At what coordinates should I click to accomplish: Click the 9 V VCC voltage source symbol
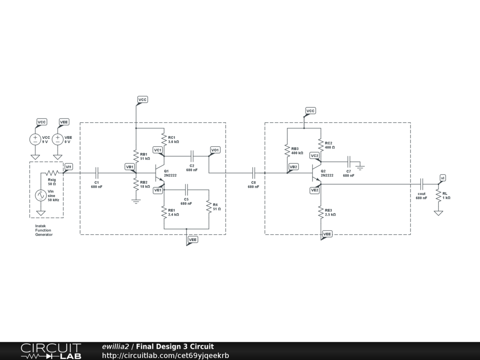[x=35, y=139]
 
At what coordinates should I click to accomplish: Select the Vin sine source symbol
[x=41, y=195]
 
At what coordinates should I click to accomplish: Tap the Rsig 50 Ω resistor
[x=52, y=173]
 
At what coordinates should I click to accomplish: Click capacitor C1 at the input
[x=97, y=173]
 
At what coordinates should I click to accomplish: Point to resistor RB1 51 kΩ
[x=135, y=156]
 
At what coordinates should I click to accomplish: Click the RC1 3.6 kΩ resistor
[x=164, y=139]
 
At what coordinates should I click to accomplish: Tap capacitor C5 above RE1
[x=187, y=190]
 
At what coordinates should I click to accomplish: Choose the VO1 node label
[x=215, y=150]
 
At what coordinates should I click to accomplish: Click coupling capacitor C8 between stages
[x=254, y=173]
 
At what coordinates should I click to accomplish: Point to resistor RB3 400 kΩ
[x=287, y=150]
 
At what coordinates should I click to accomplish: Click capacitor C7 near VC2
[x=349, y=162]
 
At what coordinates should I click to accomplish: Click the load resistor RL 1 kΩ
[x=438, y=195]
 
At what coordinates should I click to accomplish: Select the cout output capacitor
[x=421, y=184]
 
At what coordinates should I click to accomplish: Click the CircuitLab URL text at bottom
[x=165, y=355]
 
